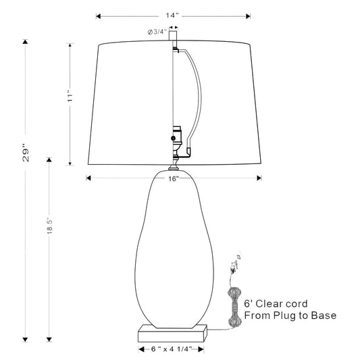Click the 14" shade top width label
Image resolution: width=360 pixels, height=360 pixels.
[172, 16]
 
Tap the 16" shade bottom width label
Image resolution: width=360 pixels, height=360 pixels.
[174, 178]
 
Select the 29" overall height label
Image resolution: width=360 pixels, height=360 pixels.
[26, 153]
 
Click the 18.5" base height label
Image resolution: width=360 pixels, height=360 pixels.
[49, 226]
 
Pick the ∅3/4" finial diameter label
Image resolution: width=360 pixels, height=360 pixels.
[157, 32]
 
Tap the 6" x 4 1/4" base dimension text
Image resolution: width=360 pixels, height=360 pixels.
[172, 349]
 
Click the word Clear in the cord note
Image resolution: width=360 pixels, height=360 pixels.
[268, 304]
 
